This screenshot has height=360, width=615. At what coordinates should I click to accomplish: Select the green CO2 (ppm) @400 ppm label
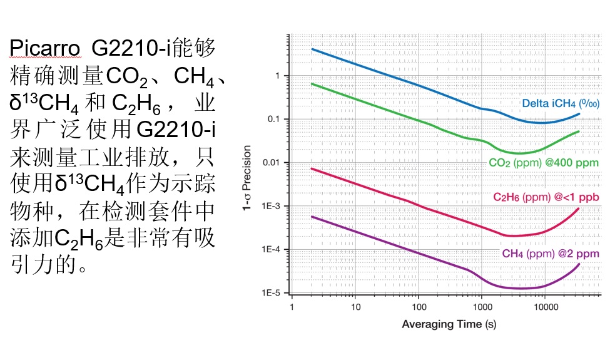[544, 163]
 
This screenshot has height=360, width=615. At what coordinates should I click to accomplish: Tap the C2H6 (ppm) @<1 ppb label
[546, 197]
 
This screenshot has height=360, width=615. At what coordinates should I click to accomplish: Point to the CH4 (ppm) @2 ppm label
[550, 254]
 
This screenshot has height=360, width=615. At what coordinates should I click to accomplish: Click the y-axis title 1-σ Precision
[247, 178]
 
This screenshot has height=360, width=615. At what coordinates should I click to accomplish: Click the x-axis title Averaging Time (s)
[449, 324]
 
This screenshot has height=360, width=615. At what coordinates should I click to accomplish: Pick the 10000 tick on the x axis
[545, 307]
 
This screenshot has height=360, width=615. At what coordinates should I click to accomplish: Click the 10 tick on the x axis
[355, 307]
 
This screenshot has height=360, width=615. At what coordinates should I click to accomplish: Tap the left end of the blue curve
[312, 49]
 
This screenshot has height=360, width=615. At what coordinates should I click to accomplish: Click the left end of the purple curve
[312, 217]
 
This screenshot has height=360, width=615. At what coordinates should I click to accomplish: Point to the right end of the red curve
[579, 208]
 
